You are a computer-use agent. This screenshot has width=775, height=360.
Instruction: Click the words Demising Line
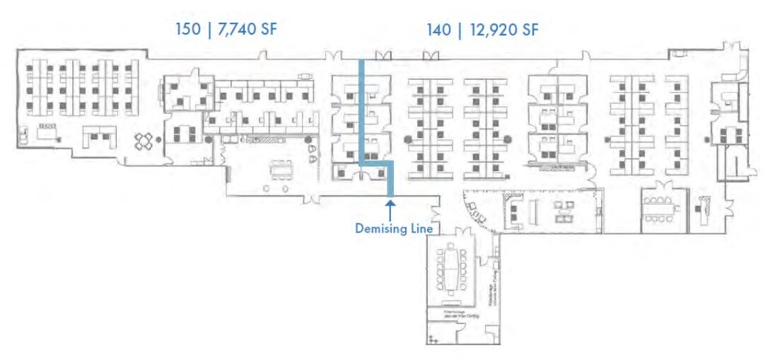point(394,228)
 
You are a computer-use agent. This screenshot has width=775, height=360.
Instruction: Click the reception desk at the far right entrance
point(706,206)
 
